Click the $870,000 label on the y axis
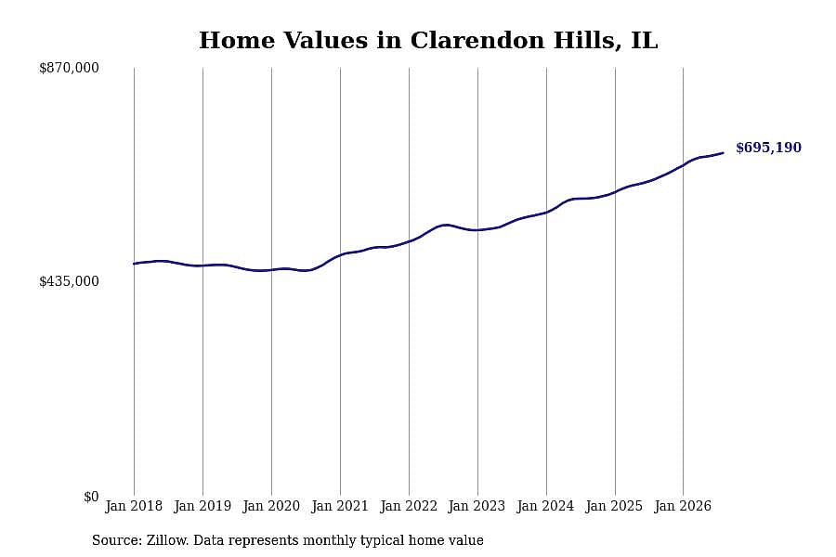(69, 68)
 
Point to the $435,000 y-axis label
(69, 281)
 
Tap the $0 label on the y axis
(91, 497)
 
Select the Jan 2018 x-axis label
(134, 506)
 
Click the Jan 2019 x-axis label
(202, 506)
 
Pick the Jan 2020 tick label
(271, 506)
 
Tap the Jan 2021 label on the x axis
(340, 506)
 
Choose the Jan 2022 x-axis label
(409, 506)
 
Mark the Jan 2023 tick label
(477, 506)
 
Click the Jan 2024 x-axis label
(546, 506)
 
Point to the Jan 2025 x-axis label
(615, 506)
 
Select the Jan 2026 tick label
(683, 506)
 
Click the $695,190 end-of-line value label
(768, 148)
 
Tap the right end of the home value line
(723, 153)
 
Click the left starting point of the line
(134, 264)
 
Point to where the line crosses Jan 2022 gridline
(409, 241)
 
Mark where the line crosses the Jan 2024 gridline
(546, 213)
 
